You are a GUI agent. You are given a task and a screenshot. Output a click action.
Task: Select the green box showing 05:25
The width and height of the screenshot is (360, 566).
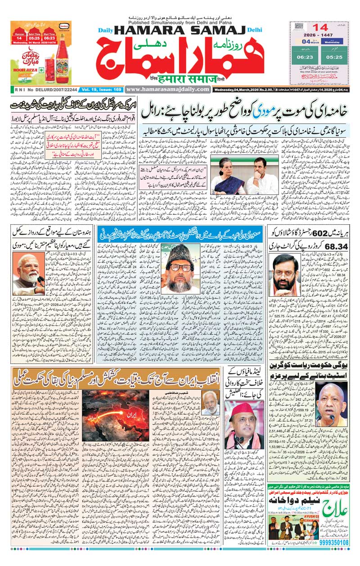click(334, 56)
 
